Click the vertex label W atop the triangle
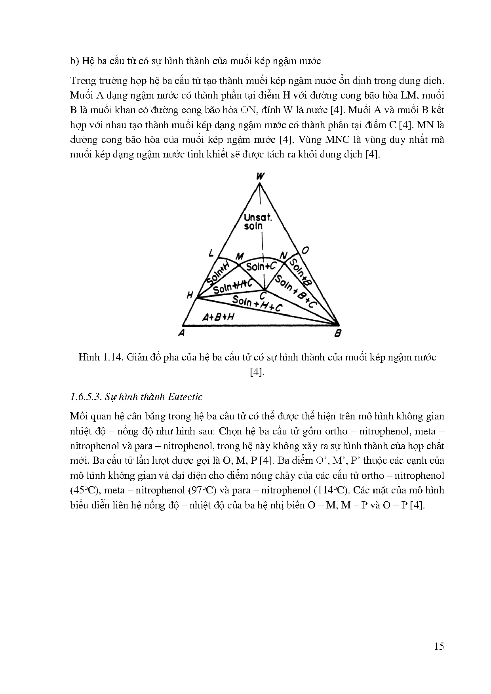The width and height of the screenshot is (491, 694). coord(260,176)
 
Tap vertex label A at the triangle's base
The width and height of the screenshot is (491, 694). coord(181,333)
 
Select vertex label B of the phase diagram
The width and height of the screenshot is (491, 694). coord(338,334)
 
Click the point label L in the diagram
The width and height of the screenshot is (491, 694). coord(211,252)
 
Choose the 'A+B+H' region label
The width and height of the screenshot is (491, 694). coord(218,317)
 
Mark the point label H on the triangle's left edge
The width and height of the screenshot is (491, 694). coord(190,295)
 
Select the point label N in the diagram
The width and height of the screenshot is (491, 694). coord(283,256)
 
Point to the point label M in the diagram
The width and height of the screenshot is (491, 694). coord(240,256)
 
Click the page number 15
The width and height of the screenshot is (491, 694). coord(439,646)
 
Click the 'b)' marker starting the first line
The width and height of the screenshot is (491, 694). coord(74,61)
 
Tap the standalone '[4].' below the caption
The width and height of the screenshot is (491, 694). coord(257,372)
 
